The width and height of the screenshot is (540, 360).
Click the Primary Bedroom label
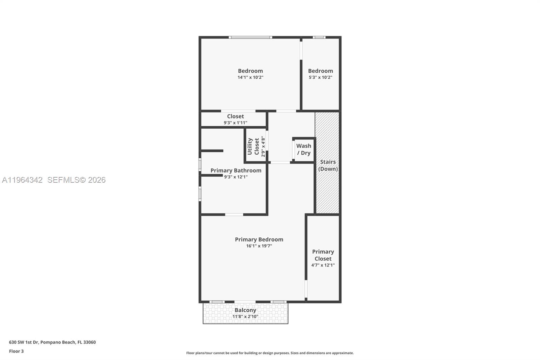259,239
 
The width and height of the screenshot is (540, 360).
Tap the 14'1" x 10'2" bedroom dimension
250,77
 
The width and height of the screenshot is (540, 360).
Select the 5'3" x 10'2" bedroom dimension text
320,77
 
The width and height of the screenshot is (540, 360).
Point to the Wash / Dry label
304,149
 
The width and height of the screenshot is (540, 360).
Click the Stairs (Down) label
328,165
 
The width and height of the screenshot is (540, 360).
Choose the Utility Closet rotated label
253,146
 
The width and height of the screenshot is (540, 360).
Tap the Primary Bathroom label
236,171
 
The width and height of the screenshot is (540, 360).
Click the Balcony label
245,310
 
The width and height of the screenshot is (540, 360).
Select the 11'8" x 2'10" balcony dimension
245,317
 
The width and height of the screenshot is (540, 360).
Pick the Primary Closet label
323,255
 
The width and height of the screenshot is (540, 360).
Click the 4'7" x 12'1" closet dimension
323,265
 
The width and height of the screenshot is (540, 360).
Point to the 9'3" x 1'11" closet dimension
235,123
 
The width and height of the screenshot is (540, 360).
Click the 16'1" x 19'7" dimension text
259,246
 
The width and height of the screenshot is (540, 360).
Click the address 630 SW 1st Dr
52,342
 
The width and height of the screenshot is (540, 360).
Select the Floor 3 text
16,351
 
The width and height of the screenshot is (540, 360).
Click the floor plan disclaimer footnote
270,353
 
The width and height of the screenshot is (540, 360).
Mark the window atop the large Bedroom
250,37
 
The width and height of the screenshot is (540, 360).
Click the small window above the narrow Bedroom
319,37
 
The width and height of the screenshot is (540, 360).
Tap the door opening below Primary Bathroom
234,214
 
